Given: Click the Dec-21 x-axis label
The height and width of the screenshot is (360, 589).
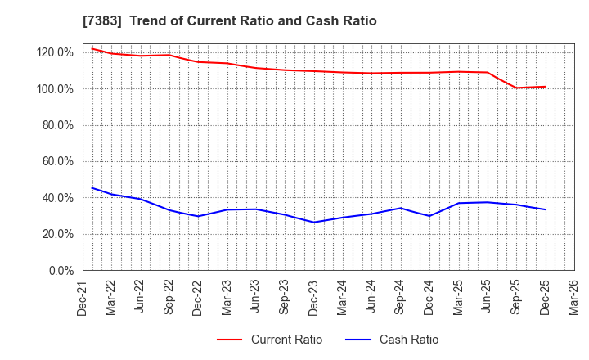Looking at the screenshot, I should pyautogui.click(x=83, y=296).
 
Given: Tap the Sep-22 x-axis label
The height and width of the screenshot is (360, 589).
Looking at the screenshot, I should pyautogui.click(x=169, y=296).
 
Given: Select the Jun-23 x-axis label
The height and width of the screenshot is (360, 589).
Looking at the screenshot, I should pyautogui.click(x=255, y=296).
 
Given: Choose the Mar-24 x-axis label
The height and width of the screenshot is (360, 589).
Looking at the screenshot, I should pyautogui.click(x=342, y=296).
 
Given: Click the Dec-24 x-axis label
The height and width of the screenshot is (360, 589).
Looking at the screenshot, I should pyautogui.click(x=429, y=296).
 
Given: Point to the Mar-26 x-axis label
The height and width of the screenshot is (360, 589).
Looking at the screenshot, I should pyautogui.click(x=573, y=296).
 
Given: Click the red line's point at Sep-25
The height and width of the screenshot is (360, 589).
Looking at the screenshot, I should pyautogui.click(x=515, y=88).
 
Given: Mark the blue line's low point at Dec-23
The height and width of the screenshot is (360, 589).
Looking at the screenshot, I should pyautogui.click(x=313, y=222).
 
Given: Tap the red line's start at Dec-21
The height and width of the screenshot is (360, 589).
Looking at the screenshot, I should pyautogui.click(x=92, y=48).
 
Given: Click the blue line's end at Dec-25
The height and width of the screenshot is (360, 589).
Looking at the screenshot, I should pyautogui.click(x=544, y=209).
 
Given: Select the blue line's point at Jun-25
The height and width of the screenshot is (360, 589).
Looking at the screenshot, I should pyautogui.click(x=487, y=202).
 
